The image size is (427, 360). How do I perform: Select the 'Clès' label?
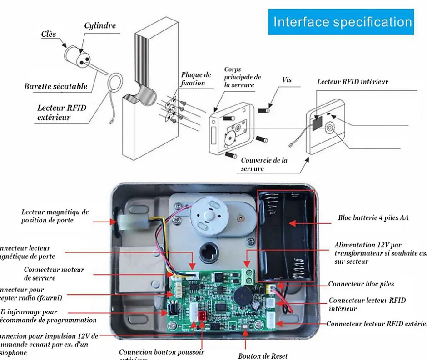49,35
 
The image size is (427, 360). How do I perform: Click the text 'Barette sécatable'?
56,86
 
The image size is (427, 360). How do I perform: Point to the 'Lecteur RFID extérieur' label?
61,113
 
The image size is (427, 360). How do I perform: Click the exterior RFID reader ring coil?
116,83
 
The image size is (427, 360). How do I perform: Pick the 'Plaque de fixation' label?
195,79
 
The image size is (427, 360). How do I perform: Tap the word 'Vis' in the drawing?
287,80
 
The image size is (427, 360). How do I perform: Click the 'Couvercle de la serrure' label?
264,164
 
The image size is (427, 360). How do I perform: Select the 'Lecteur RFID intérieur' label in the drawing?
353,82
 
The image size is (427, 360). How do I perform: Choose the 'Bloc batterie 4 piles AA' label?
373,218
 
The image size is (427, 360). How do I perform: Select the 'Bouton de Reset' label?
263,356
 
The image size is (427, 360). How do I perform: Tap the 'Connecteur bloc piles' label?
361,284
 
